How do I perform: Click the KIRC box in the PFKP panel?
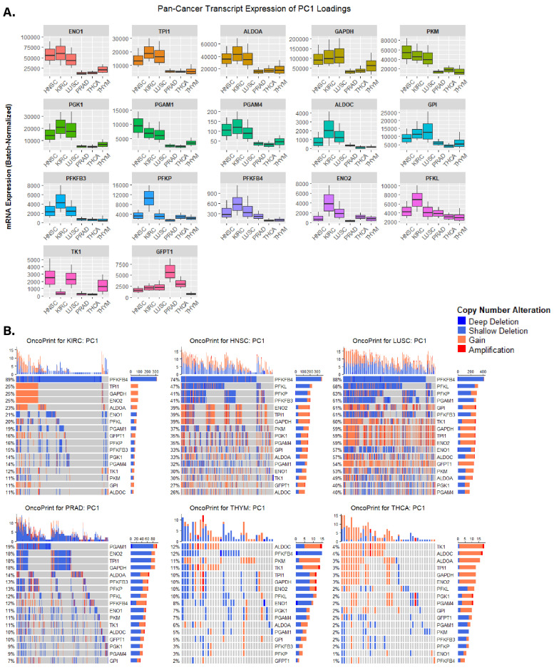(149, 207)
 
